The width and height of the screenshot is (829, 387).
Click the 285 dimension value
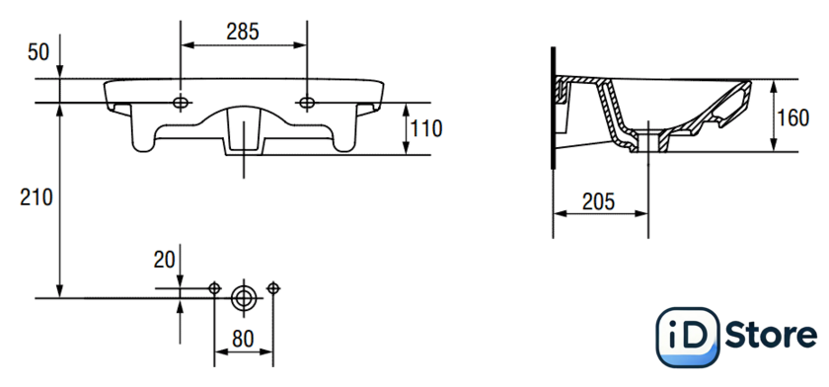click(243, 32)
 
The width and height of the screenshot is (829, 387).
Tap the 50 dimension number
click(38, 52)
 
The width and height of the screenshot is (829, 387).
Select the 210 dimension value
click(37, 197)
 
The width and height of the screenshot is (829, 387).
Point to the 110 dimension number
click(426, 128)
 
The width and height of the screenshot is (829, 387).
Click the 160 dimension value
click(792, 117)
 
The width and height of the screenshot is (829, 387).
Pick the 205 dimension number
click(598, 201)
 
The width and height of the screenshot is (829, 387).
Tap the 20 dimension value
click(165, 260)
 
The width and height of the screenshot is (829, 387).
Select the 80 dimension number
click(243, 339)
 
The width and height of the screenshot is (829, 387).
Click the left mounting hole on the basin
click(181, 103)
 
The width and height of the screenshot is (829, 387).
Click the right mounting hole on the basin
click(307, 103)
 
